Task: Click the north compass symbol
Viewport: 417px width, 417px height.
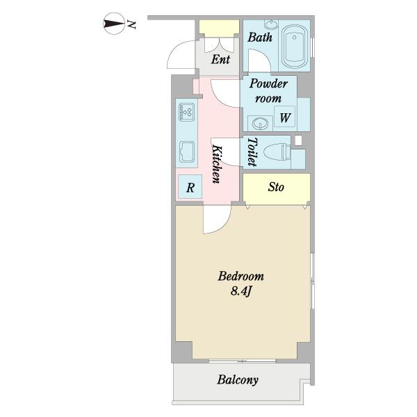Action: [x=114, y=24]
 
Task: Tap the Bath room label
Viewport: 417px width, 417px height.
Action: [x=260, y=38]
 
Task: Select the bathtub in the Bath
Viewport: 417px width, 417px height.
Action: [x=295, y=47]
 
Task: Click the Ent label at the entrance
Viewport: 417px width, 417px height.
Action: [x=220, y=60]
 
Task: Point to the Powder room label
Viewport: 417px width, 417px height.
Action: [x=268, y=90]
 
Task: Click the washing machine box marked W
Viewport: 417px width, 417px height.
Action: [x=284, y=117]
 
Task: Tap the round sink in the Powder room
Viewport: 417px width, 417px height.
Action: [x=260, y=124]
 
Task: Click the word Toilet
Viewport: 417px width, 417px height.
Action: [x=252, y=152]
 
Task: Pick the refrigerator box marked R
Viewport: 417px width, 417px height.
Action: [x=190, y=186]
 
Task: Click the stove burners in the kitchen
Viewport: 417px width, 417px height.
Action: [x=187, y=112]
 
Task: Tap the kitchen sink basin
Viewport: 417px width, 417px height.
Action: [x=187, y=152]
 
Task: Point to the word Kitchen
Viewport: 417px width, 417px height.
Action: [x=217, y=164]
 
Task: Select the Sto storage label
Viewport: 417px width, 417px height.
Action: [x=276, y=187]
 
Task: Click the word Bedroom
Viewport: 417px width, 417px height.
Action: [x=241, y=277]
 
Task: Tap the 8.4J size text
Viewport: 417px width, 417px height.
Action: [x=241, y=291]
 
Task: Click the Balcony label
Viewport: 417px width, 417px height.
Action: [x=238, y=379]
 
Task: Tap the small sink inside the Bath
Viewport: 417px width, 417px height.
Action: [x=271, y=24]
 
